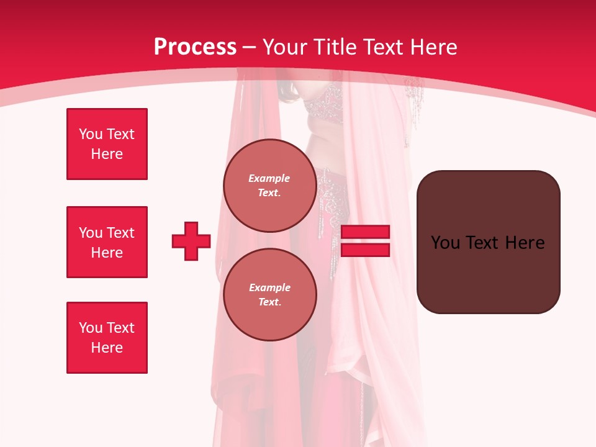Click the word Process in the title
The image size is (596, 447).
coord(195,47)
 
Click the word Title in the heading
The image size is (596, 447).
coord(335,47)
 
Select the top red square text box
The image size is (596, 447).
coord(107,144)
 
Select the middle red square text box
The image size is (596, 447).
coord(107,242)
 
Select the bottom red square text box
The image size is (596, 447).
coord(107,338)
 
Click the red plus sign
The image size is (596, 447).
coord(191,241)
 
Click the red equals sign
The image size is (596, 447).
coord(366,241)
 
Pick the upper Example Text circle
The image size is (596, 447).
coord(269,185)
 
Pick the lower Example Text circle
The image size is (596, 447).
coord(269,294)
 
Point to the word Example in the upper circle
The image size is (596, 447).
coord(269,178)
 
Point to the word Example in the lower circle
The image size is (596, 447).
coord(269,287)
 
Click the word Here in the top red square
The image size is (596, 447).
coord(107,154)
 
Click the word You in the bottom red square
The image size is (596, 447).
coord(91,328)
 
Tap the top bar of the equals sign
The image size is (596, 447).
coord(366,232)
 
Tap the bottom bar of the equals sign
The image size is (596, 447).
coord(366,250)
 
